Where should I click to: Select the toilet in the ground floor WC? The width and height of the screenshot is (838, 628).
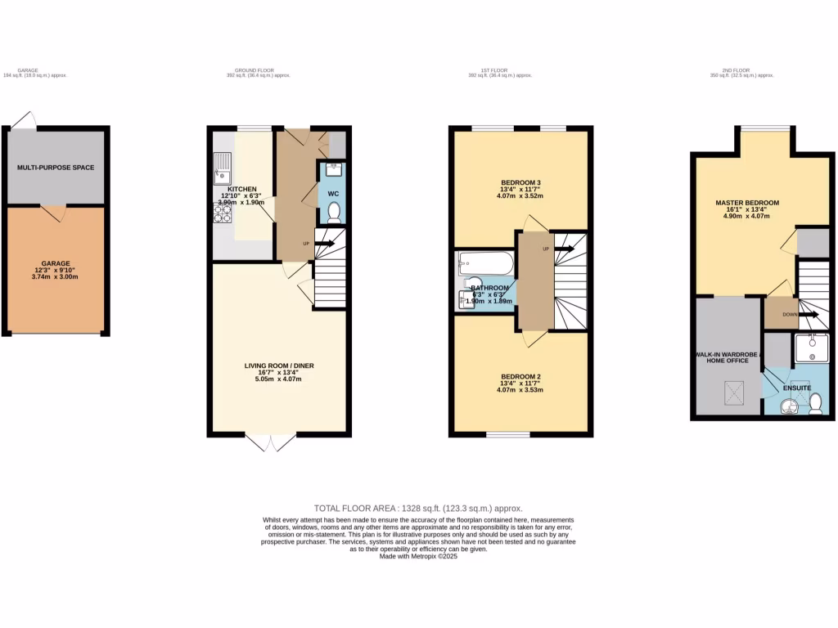[334, 213]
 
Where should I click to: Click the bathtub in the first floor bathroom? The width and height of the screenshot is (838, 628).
[486, 262]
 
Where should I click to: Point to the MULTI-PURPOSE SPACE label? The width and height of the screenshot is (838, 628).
[56, 168]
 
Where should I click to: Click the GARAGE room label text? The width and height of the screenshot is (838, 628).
[56, 263]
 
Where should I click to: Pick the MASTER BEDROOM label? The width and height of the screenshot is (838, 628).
[746, 203]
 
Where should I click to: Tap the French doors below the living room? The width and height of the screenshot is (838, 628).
[270, 442]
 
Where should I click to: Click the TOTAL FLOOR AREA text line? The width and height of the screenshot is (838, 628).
[418, 508]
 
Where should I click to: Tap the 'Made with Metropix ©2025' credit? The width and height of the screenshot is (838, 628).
[418, 556]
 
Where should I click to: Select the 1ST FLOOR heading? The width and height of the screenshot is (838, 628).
[494, 70]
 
